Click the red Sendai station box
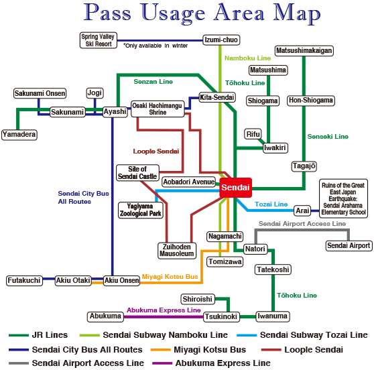(235, 188)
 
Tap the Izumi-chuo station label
(221, 40)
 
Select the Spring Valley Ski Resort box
(99, 40)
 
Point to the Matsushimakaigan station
(304, 50)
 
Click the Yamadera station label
(19, 135)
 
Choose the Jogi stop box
(95, 92)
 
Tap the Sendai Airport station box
(349, 245)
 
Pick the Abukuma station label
(105, 316)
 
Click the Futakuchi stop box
(24, 280)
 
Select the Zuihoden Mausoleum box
(177, 251)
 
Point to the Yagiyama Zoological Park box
(141, 210)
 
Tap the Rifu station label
(253, 134)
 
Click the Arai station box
(302, 210)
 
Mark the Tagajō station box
(304, 166)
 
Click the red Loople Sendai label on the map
(156, 151)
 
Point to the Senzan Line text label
(153, 82)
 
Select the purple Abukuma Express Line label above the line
(164, 310)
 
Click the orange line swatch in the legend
(160, 350)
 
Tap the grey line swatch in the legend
(19, 363)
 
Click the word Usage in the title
(173, 14)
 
